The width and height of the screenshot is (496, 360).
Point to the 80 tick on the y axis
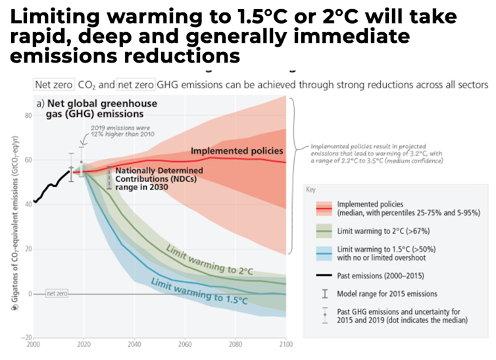pos(28,116)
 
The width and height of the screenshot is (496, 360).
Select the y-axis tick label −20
pos(27,337)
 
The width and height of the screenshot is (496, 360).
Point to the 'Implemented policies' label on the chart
pos(236,151)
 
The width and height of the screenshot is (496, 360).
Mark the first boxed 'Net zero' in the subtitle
pos(53,84)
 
